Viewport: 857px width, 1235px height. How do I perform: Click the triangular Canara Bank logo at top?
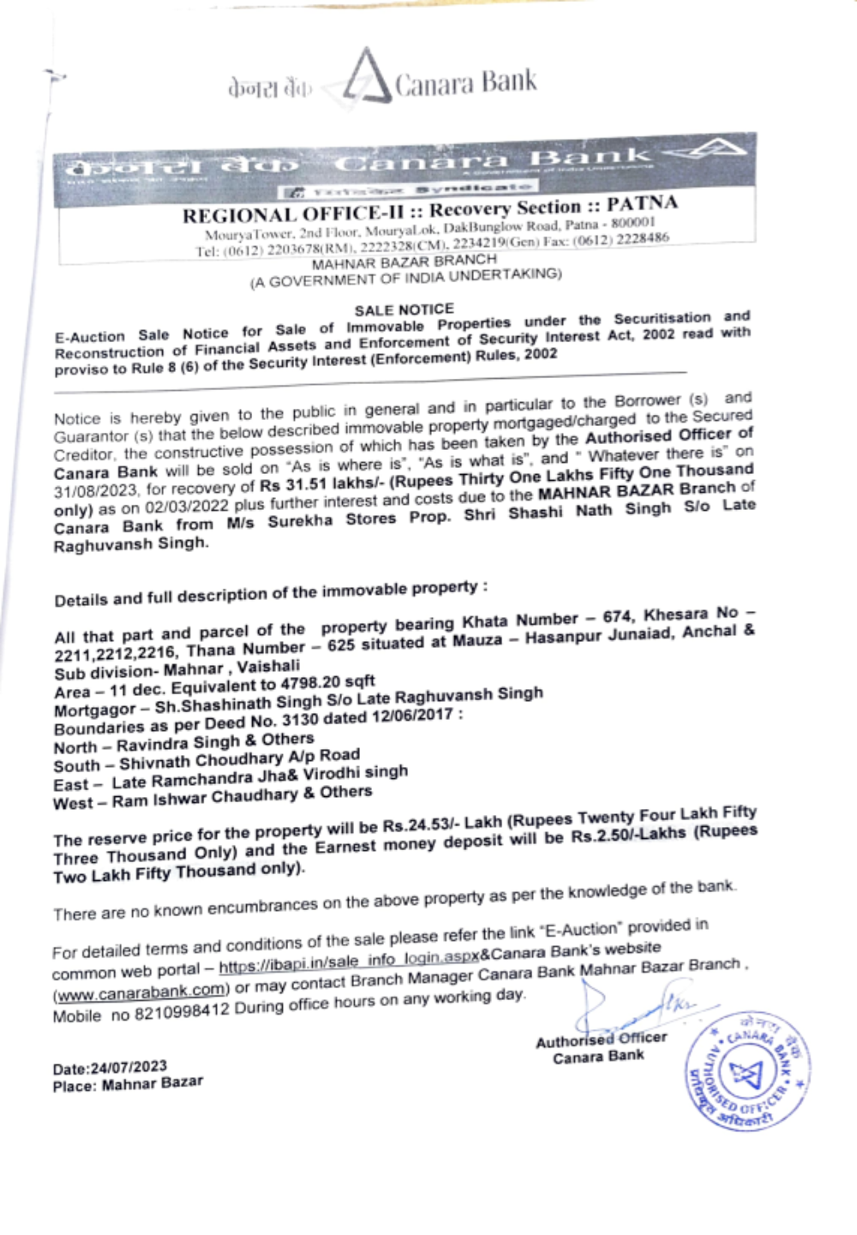[367, 79]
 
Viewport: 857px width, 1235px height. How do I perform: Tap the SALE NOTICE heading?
[404, 309]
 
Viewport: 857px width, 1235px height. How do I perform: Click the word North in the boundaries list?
[75, 747]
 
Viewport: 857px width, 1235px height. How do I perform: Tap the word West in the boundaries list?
[72, 804]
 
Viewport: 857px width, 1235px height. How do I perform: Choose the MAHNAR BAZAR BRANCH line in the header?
[404, 261]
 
